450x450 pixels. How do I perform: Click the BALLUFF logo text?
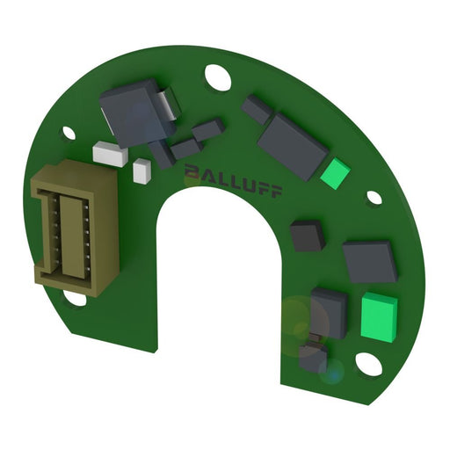pos(232,180)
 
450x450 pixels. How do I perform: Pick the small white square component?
pos(141,171)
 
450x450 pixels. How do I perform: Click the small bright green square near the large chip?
pos(336,172)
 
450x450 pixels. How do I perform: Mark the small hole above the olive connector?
pos(69,133)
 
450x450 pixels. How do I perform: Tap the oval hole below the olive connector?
pos(76,299)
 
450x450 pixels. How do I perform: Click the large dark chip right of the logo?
pos(293,145)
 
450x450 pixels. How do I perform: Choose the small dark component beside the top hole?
pos(258,108)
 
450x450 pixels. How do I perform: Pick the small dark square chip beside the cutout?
pos(308,235)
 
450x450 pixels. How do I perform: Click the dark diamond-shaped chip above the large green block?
pos(370,261)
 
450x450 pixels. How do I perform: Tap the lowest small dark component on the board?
pos(313,357)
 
